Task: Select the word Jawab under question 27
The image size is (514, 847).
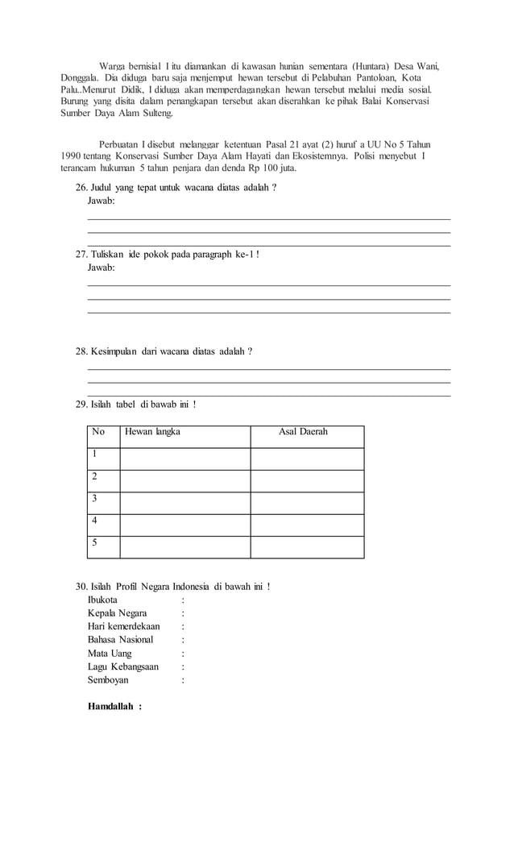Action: pyautogui.click(x=101, y=267)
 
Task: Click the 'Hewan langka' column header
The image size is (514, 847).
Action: pyautogui.click(x=152, y=432)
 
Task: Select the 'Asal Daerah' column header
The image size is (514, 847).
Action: pyautogui.click(x=303, y=432)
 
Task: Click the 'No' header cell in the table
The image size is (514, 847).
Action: pyautogui.click(x=98, y=432)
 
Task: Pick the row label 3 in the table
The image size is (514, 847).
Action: pyautogui.click(x=95, y=498)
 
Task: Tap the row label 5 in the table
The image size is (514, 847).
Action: pyautogui.click(x=95, y=542)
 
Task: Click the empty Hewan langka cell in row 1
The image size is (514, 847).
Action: pyautogui.click(x=184, y=458)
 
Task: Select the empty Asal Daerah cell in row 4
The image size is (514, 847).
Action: pyautogui.click(x=307, y=525)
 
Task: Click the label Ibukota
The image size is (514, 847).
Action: pyautogui.click(x=102, y=600)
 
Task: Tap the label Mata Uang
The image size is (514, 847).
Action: pyautogui.click(x=110, y=654)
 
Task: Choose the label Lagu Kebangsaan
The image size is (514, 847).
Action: pyautogui.click(x=122, y=666)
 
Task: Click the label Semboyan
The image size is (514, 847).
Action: pyautogui.click(x=107, y=680)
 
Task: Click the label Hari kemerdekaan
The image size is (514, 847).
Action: pyautogui.click(x=123, y=627)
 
